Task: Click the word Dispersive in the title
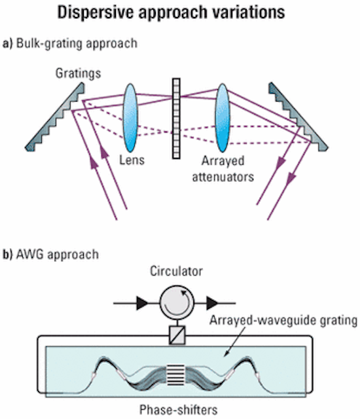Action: click(95, 12)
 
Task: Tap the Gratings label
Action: click(79, 73)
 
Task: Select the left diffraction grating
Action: click(55, 117)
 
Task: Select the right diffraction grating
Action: click(298, 117)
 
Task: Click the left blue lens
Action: click(130, 118)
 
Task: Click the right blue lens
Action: click(223, 118)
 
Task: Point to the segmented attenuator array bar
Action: click(176, 118)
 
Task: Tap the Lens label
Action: click(132, 160)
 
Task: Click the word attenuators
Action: click(223, 177)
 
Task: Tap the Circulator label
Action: click(176, 271)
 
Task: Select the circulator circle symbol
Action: click(177, 302)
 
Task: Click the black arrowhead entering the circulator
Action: click(142, 303)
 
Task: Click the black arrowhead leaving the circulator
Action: click(212, 303)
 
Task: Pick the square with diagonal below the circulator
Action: click(177, 335)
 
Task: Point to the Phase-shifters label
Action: click(179, 410)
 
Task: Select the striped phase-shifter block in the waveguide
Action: click(175, 375)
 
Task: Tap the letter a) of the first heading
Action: click(8, 44)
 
